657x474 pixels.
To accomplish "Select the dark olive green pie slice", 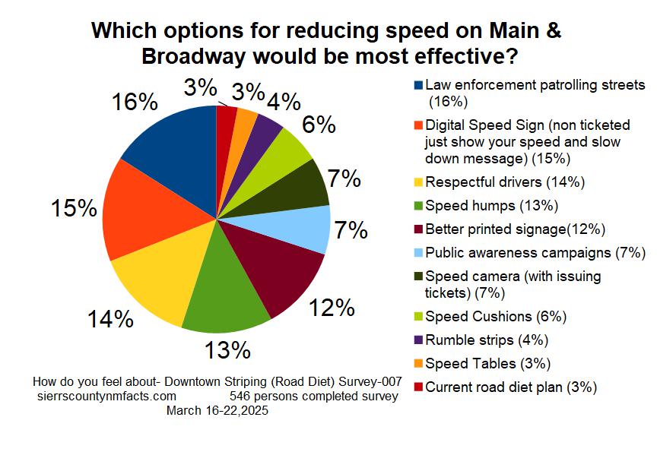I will (300, 186).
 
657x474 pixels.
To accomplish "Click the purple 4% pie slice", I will (267, 129).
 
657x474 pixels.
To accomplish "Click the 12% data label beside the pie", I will (332, 308).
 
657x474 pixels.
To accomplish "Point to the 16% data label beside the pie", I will (135, 103).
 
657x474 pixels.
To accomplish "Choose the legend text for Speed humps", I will (491, 206).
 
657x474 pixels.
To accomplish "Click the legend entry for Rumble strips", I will (487, 340).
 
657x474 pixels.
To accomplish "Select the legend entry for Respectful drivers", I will (505, 182).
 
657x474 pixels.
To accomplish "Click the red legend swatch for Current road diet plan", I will (418, 387).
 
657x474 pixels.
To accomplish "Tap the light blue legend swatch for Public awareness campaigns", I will (418, 252).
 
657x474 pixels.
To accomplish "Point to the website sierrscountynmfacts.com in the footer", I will (106, 397).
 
